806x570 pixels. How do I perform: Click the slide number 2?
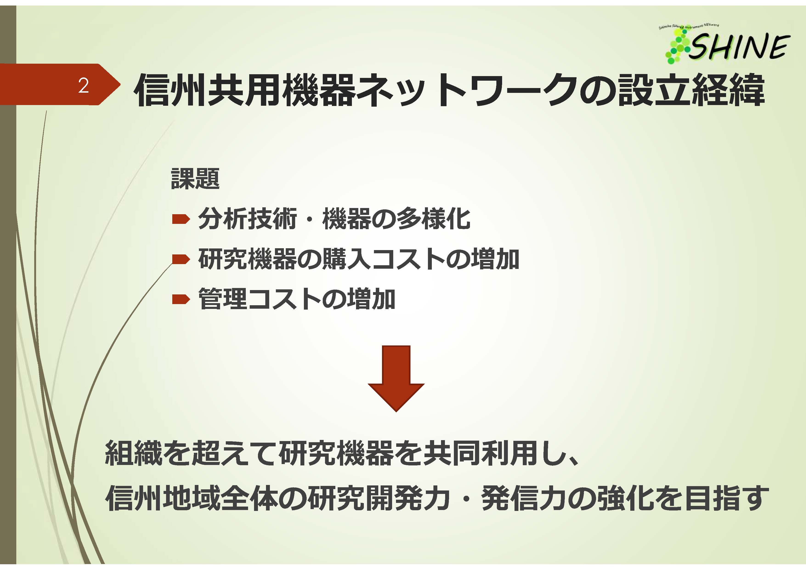[x=84, y=85]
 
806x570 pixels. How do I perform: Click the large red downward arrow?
[x=396, y=379]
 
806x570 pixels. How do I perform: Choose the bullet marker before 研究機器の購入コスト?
[x=181, y=259]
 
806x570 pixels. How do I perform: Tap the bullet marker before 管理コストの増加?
[x=181, y=299]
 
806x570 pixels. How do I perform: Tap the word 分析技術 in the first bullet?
[x=247, y=219]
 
